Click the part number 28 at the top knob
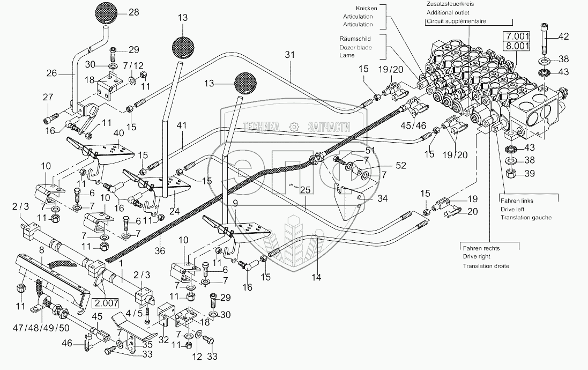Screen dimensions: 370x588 [x=133, y=12]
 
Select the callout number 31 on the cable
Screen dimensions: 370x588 [x=290, y=55]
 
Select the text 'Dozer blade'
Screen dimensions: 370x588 [x=355, y=47]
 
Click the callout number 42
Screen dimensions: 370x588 [x=563, y=36]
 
